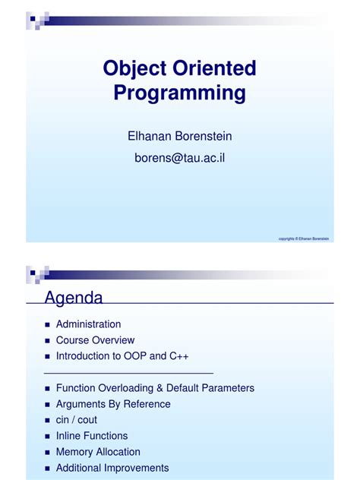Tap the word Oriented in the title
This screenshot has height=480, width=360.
tap(216, 68)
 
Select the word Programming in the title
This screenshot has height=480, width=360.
tap(180, 93)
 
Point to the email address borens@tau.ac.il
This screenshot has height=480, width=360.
tap(180, 158)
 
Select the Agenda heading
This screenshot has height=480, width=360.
tap(73, 296)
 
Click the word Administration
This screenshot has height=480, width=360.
tap(88, 324)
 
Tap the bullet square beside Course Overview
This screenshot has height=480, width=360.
tap(47, 340)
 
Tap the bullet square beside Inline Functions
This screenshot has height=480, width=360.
tap(47, 436)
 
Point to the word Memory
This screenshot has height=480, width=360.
tap(74, 452)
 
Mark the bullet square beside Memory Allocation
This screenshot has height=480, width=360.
tap(47, 452)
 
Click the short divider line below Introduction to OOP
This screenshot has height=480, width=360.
tap(129, 372)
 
